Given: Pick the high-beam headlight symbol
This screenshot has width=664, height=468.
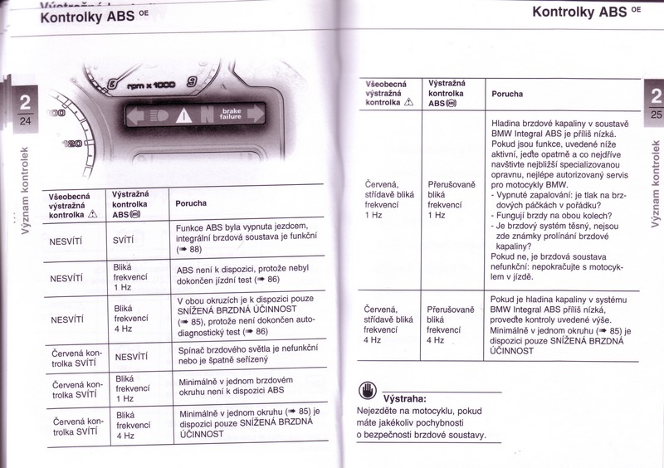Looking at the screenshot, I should pyautogui.click(x=159, y=115).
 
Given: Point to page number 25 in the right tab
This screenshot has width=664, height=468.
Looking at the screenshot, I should pyautogui.click(x=655, y=114).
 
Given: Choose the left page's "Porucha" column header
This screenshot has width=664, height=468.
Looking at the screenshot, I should pyautogui.click(x=191, y=203).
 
